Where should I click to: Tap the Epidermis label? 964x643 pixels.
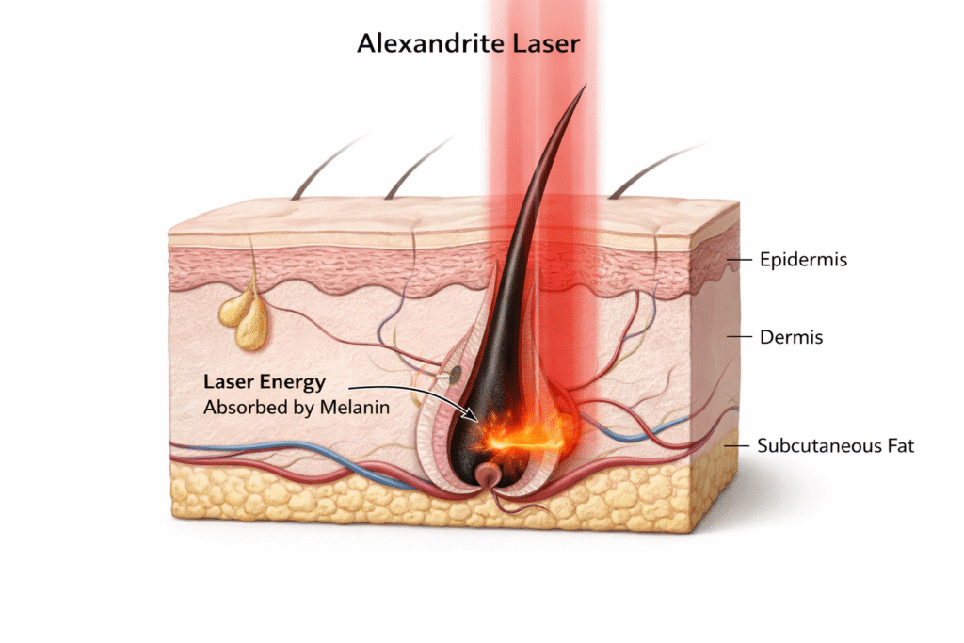click(x=803, y=259)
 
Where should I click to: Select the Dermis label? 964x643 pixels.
click(x=791, y=336)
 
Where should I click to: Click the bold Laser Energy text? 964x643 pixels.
click(x=265, y=382)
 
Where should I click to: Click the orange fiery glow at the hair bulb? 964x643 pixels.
click(x=523, y=431)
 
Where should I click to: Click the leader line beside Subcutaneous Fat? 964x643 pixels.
click(x=740, y=445)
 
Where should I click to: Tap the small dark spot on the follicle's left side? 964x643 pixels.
click(x=455, y=374)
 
